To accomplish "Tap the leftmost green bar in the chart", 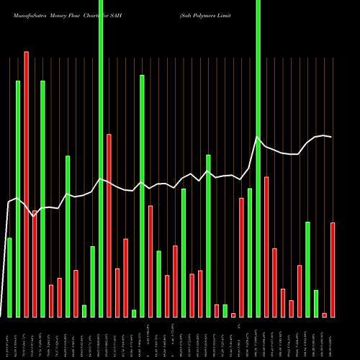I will (x=9, y=277).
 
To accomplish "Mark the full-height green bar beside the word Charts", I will (x=101, y=158).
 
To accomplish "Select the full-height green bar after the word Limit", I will (x=258, y=158).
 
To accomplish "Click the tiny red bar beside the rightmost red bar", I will (x=325, y=315).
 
